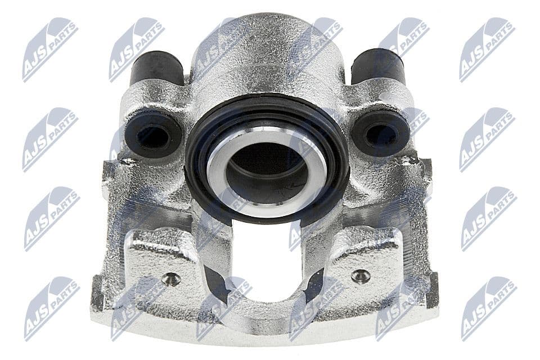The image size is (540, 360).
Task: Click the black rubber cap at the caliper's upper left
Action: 156,69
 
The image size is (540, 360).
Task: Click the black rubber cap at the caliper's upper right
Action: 378,67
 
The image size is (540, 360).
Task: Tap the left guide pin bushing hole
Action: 153,134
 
